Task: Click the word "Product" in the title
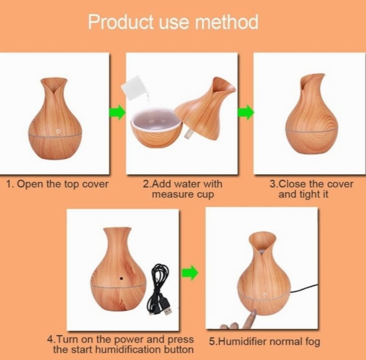(120, 22)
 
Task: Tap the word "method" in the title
(227, 22)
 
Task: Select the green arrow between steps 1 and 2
(117, 112)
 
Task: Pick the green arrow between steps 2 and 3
(246, 112)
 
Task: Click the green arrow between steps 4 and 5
(190, 272)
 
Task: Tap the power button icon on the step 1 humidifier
(58, 132)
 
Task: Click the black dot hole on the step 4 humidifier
(121, 278)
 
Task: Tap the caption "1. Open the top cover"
(57, 184)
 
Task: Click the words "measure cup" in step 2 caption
(183, 194)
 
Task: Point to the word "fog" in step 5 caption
(313, 342)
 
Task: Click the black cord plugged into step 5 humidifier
(303, 288)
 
